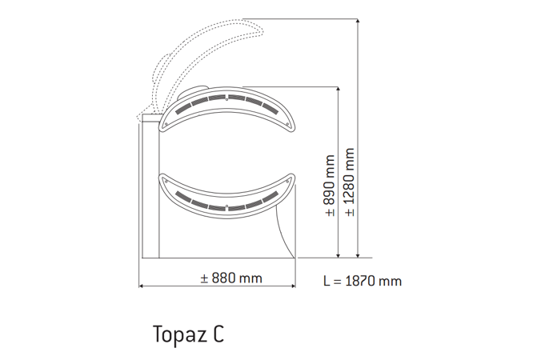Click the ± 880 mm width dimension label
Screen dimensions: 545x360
[231, 278]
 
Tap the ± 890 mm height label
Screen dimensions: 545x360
[330, 186]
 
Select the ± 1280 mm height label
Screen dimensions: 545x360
[349, 182]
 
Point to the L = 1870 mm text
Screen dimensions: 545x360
[363, 281]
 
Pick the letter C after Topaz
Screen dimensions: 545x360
[218, 334]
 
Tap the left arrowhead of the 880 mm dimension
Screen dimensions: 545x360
[141, 286]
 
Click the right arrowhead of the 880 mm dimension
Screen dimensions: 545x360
[293, 286]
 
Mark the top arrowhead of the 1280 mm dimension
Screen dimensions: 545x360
[358, 22]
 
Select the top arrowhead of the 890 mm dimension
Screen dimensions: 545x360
[339, 90]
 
